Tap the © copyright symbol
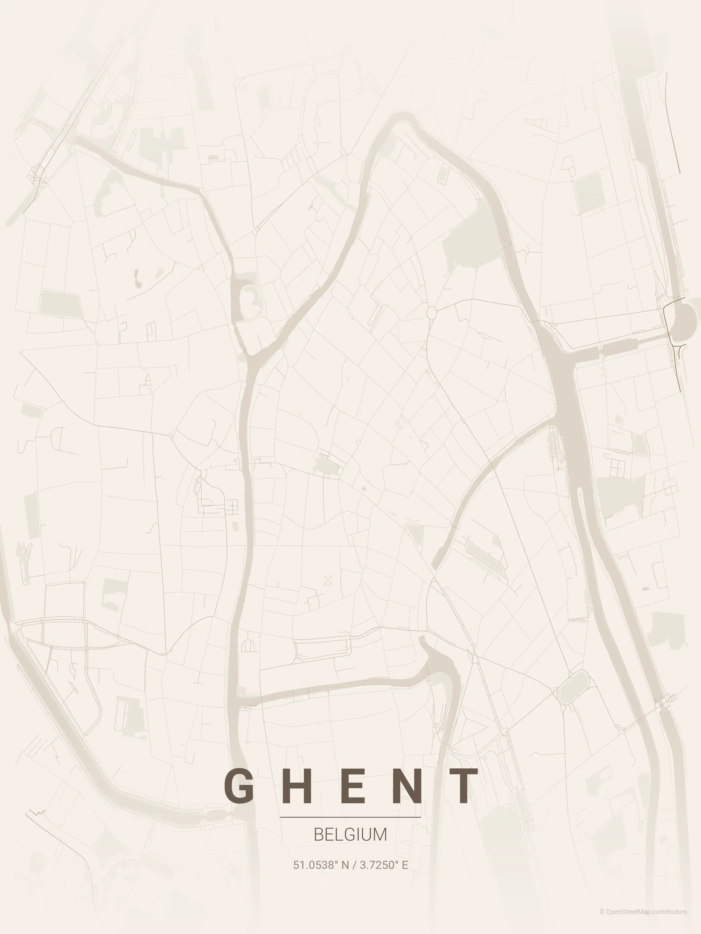[x=602, y=920]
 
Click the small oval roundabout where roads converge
[x=432, y=313]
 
